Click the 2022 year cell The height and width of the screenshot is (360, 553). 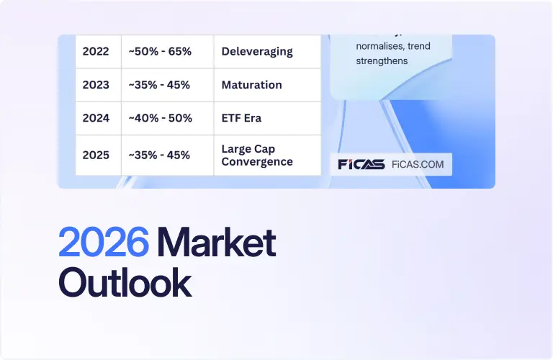96,51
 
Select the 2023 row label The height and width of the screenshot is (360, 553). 96,85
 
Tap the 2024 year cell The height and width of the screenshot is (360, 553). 96,118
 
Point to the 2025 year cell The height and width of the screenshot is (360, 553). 96,155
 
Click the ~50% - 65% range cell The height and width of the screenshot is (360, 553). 159,51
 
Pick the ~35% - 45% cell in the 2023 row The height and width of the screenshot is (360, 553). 159,85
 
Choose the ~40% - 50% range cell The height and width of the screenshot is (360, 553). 160,118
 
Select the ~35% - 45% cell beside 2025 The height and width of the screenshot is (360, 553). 159,155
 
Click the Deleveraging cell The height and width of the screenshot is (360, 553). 257,51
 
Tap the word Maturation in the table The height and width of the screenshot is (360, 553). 251,85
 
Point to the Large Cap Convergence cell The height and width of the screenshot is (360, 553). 257,156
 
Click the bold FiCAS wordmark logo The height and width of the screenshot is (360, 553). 361,164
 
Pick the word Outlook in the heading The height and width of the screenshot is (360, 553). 125,282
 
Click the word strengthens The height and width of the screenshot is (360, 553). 382,61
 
